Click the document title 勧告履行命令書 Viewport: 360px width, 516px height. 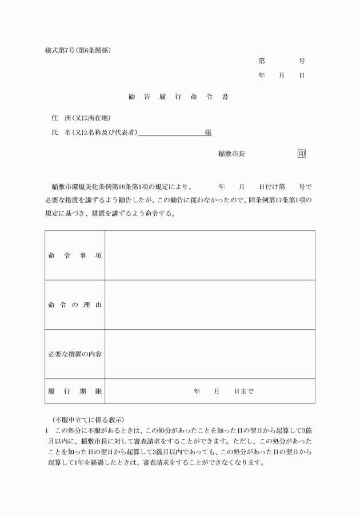(178, 97)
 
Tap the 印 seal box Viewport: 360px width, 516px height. (302, 153)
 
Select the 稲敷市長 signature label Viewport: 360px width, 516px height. (231, 154)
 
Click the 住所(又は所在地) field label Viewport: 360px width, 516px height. (81, 118)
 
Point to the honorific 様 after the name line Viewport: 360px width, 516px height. (208, 133)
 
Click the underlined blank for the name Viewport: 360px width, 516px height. (171, 133)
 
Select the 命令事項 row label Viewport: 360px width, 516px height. (75, 255)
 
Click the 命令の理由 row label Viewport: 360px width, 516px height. (75, 305)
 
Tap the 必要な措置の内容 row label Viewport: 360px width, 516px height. (75, 354)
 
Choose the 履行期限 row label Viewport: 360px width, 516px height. (75, 391)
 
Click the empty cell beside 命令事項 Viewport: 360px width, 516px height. (210, 255)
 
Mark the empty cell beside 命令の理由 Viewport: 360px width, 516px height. (210, 305)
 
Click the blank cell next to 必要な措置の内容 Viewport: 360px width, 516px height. (210, 354)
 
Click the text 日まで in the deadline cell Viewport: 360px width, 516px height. (243, 391)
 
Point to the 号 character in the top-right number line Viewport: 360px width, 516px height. (302, 61)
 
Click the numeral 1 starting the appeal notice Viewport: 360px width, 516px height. (46, 430)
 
